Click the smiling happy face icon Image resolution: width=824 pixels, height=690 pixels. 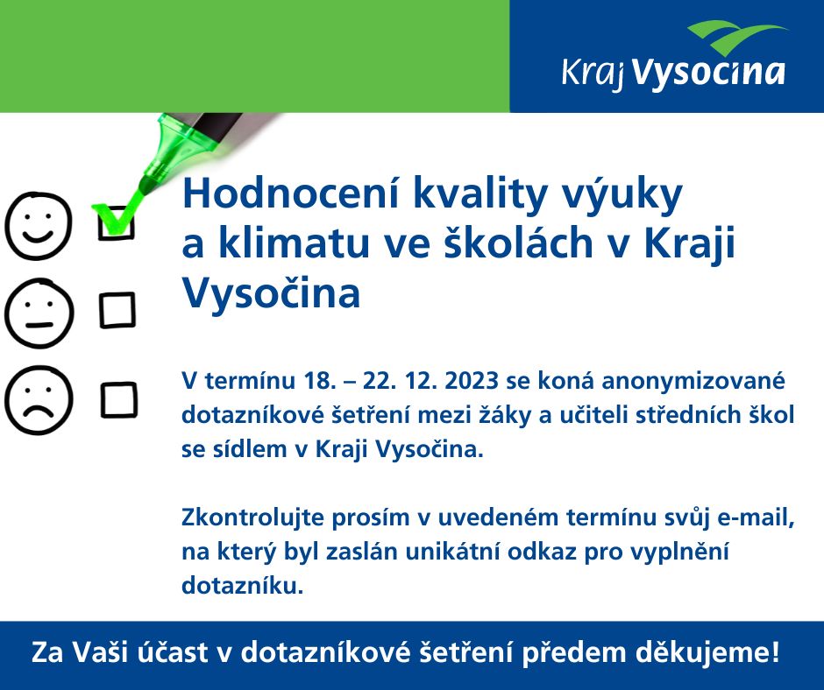point(38,226)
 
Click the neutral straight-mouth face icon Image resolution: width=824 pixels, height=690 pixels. point(38,313)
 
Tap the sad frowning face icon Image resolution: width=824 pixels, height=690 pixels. point(38,400)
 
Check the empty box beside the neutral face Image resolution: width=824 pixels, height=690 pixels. point(117,310)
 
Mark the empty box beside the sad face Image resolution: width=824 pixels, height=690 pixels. point(118,400)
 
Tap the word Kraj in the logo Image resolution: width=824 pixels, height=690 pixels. point(593,74)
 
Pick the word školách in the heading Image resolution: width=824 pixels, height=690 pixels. point(519,243)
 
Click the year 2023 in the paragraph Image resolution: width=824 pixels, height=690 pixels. point(471,381)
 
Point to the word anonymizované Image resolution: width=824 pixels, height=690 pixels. point(693,382)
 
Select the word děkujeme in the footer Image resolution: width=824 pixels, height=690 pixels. point(707,652)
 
